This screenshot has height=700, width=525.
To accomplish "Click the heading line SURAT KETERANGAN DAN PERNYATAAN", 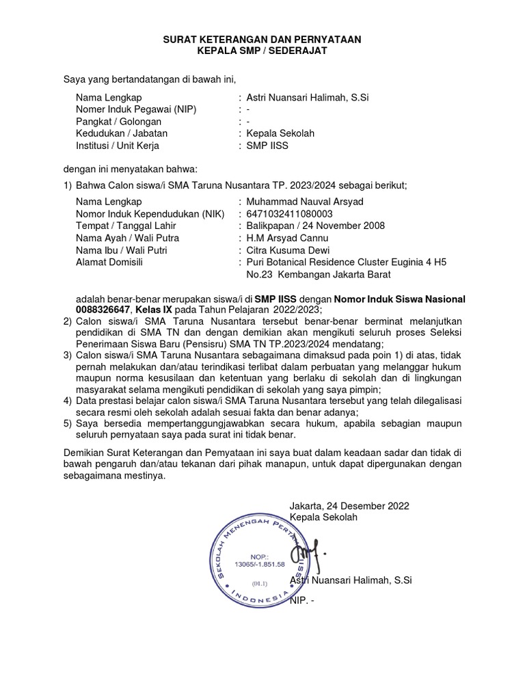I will (262, 41).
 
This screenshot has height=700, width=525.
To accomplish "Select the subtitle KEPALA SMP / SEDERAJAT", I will (262, 52).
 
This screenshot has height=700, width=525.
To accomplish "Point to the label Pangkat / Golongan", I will (119, 122).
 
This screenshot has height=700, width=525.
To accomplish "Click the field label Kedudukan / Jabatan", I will (122, 133).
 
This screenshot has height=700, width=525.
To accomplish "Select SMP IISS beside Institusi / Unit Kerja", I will (268, 146).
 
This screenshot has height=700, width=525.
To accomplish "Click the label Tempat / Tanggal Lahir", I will (126, 226).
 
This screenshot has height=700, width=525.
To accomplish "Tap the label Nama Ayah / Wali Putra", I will (127, 238).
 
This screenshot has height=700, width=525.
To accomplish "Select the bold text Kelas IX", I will (153, 310).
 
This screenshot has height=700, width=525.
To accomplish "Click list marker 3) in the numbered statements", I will (67, 355).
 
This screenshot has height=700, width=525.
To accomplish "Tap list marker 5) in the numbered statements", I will (67, 424).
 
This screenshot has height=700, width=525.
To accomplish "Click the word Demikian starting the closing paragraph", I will (83, 453).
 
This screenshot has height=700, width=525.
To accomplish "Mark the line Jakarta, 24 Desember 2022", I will (349, 506).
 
